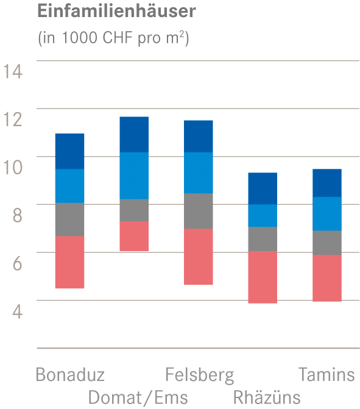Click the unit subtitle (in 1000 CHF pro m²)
coord(113,38)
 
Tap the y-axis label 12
coord(13,119)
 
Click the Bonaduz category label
coord(70,374)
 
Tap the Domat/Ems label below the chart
coord(138,397)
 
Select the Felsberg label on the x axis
coord(199,374)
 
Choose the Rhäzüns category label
coord(267,397)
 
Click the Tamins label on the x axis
coord(326,374)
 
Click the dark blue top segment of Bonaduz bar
coord(69,151)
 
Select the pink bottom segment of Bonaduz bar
coord(69,262)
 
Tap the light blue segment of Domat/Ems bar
coord(134,176)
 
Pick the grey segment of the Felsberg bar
coord(199,211)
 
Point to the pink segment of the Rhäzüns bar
coord(263,277)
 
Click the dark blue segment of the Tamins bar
coord(327,183)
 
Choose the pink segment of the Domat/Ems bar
coord(134,236)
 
